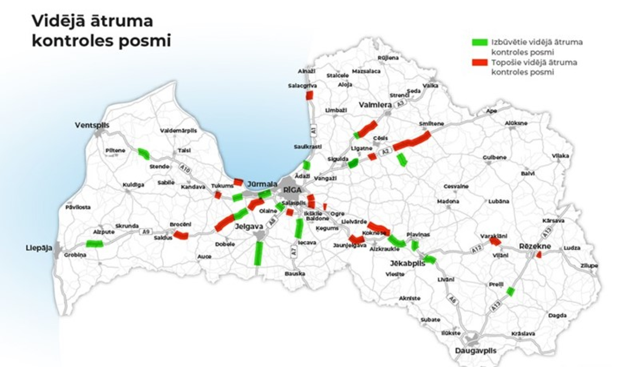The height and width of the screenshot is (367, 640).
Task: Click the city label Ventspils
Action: [x=92, y=125]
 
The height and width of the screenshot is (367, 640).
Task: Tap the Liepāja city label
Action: [x=39, y=248]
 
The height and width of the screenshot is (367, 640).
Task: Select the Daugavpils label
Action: [x=476, y=350]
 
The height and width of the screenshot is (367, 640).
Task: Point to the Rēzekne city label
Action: [x=535, y=246]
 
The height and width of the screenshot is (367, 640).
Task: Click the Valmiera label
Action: [x=375, y=105]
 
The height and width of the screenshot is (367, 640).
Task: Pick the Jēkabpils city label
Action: [x=407, y=263]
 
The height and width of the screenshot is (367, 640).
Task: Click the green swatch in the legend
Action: [x=480, y=42]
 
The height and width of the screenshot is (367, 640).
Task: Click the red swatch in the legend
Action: [x=480, y=62]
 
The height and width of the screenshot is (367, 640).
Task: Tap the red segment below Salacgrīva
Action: [x=309, y=95]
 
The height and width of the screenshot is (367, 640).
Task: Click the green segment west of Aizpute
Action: [x=94, y=244]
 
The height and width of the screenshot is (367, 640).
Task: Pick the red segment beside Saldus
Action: [x=181, y=235]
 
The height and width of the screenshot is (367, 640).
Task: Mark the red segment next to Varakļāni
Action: [x=495, y=242]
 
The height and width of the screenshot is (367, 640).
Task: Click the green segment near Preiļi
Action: [x=510, y=291]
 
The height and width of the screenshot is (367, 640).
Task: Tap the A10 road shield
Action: [x=184, y=169]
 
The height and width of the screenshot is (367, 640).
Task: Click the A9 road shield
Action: [x=146, y=232]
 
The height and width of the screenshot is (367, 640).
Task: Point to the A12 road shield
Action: [x=477, y=249]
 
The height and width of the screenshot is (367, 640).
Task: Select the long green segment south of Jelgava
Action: [x=258, y=253]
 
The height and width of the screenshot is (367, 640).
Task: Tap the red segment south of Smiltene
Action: [x=412, y=141]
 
